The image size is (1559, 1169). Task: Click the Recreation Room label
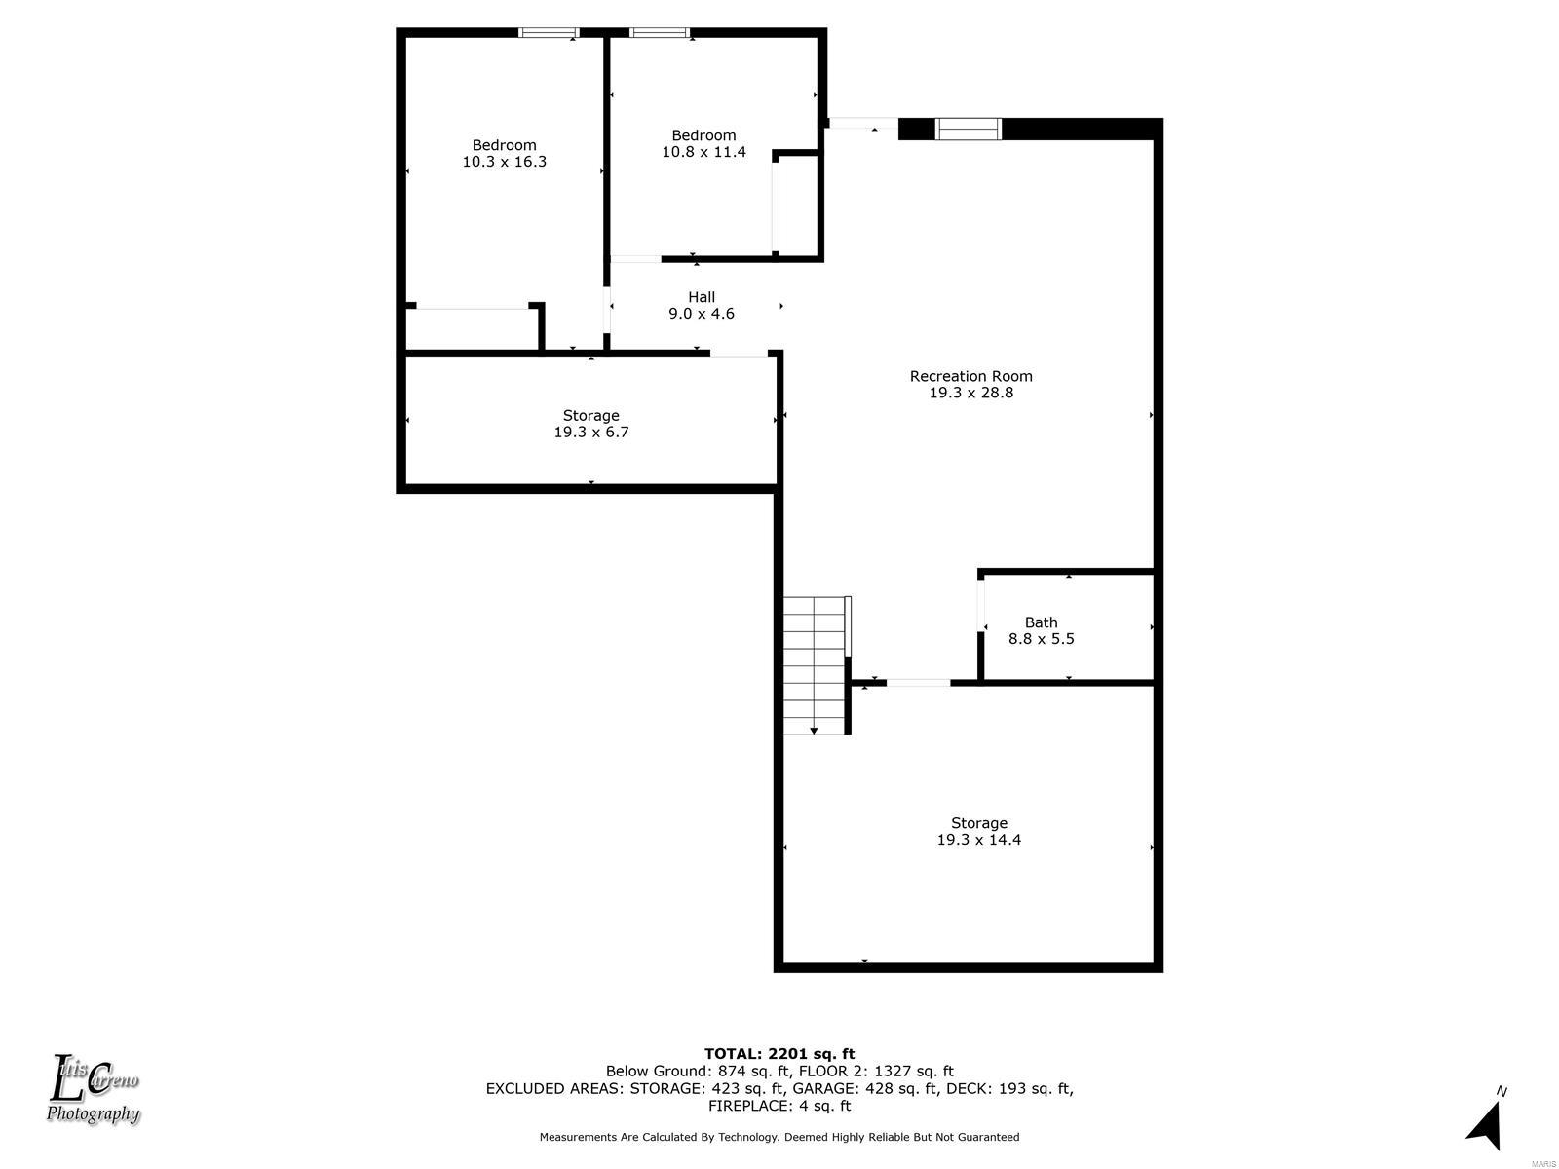coord(970,376)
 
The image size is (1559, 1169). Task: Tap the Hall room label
coord(701,297)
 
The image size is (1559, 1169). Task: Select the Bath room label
coord(1041,622)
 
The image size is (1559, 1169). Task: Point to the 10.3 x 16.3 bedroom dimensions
coord(505,162)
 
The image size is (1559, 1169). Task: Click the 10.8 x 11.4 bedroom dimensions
coord(703,152)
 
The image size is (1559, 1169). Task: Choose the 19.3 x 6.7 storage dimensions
coord(590,433)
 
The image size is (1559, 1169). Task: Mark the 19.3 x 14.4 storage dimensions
coord(978,840)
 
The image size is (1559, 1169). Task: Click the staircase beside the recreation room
coord(815,665)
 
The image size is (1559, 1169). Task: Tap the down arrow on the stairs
coord(814,731)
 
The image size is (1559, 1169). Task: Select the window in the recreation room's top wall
coord(969,130)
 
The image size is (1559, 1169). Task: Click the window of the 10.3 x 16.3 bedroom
coord(549,33)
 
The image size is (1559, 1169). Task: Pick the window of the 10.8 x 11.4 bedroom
coord(659,33)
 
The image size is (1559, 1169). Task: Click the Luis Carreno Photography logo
coord(93,1089)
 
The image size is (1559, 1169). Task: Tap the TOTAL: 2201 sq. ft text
coord(779,1054)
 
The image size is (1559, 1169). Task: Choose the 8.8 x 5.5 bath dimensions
coord(1041,639)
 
